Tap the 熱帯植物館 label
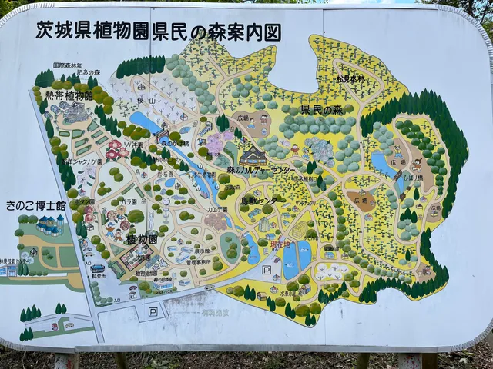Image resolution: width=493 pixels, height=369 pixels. (68, 95)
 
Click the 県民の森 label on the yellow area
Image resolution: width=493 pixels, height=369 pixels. (321, 110)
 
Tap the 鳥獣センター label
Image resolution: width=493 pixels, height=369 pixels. (263, 201)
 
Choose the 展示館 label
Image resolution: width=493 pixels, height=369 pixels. (203, 251)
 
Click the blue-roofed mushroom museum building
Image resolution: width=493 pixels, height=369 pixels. (49, 224)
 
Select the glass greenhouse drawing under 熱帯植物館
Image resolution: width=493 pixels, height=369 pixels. (75, 114)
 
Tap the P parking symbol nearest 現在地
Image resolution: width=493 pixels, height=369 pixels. (266, 270)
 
